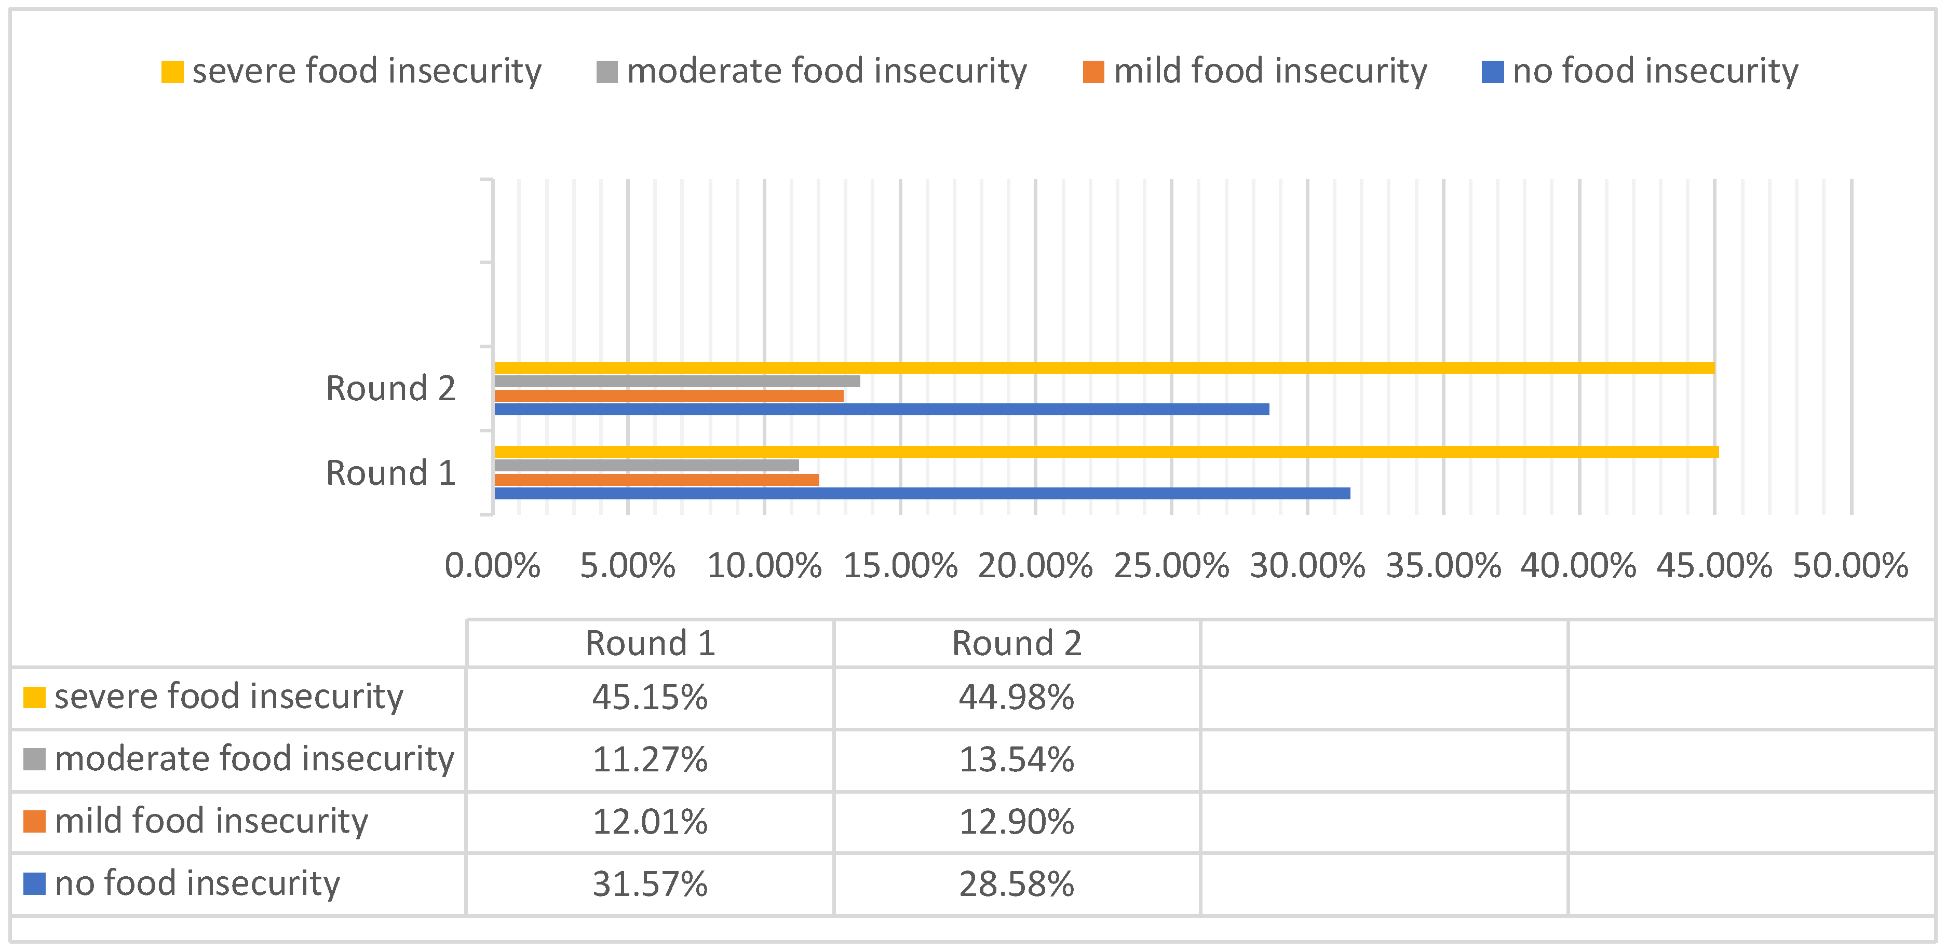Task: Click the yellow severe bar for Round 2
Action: [1103, 368]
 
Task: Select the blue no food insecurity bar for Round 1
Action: [922, 493]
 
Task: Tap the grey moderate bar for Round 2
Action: [677, 381]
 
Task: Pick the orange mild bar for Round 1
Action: [656, 480]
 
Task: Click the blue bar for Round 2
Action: [881, 409]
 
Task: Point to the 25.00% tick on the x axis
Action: [1171, 565]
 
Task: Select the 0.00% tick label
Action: [493, 565]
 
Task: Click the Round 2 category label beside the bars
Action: [390, 389]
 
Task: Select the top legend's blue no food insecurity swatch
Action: [1492, 72]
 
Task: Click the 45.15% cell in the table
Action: [650, 697]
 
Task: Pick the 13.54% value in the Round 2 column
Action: [1016, 759]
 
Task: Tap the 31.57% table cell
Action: [650, 884]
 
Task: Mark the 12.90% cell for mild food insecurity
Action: [1016, 821]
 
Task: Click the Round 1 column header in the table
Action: [650, 643]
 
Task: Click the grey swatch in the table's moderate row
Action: [35, 759]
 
